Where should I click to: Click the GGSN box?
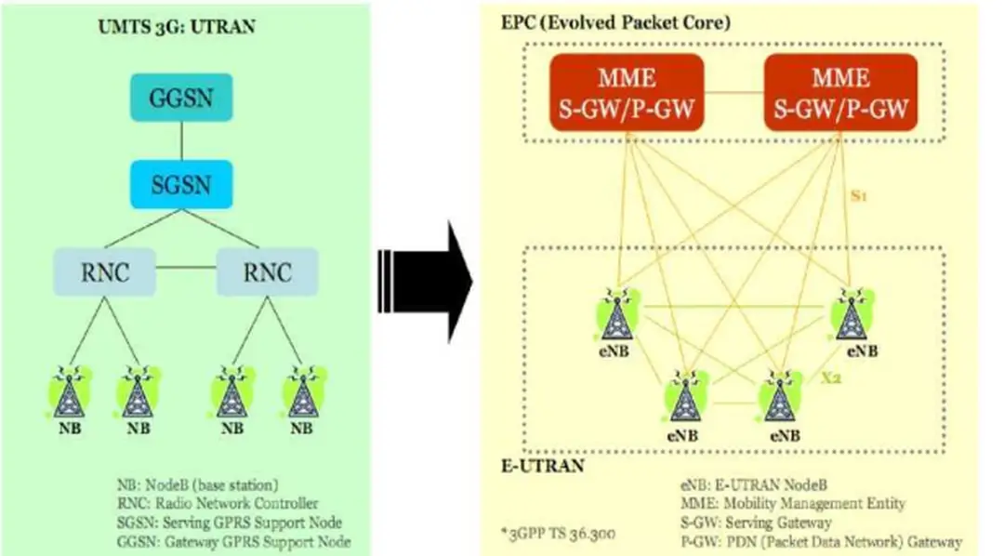click(182, 99)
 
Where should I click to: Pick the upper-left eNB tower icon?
click(615, 316)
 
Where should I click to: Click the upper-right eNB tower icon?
click(849, 316)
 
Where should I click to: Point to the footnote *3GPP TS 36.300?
click(556, 534)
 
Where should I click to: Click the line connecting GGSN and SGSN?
click(182, 141)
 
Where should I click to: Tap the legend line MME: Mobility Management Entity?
click(805, 504)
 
